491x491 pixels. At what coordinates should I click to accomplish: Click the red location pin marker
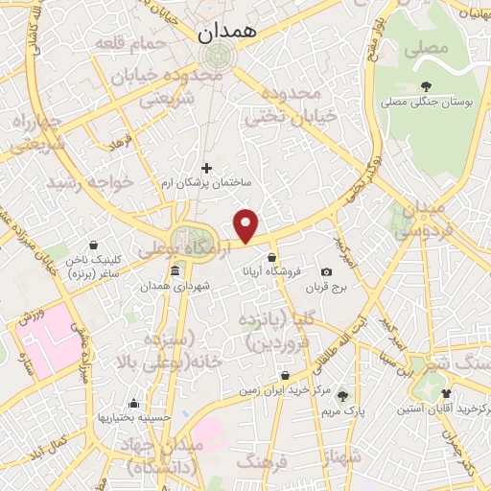click(247, 226)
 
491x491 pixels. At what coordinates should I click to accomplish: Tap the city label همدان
click(229, 32)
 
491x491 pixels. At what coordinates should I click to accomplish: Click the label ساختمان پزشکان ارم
click(206, 183)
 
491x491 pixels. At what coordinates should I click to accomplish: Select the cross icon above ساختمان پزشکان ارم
click(206, 168)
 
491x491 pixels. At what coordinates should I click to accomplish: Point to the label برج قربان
click(326, 288)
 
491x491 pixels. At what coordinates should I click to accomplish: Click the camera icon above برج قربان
click(327, 272)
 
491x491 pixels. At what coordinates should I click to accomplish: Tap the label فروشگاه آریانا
click(273, 271)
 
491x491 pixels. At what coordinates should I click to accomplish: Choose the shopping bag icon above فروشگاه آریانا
click(273, 257)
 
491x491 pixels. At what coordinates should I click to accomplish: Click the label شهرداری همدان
click(174, 287)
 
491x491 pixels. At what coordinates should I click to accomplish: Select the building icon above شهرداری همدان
click(174, 272)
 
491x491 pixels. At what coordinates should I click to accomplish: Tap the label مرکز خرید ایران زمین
click(286, 390)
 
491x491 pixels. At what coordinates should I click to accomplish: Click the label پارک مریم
click(342, 410)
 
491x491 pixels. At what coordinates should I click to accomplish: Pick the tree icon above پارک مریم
click(342, 395)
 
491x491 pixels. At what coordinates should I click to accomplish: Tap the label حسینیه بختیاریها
click(132, 418)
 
